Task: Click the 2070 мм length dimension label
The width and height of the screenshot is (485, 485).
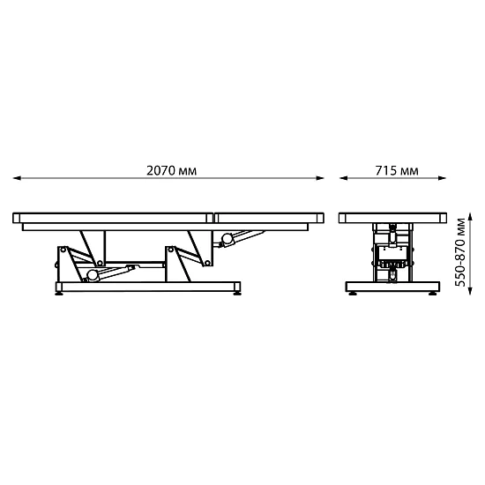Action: click(171, 170)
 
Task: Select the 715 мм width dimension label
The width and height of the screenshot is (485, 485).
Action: click(397, 170)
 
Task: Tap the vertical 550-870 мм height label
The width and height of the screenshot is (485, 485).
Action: click(460, 252)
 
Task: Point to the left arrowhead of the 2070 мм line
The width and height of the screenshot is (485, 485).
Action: click(17, 178)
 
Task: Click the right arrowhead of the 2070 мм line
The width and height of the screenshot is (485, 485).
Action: click(320, 178)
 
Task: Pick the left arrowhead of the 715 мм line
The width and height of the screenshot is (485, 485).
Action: click(343, 178)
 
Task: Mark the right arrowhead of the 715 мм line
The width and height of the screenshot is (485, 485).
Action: click(442, 178)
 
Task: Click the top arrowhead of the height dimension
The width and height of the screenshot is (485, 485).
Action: click(470, 217)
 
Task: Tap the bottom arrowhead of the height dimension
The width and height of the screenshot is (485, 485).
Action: click(470, 290)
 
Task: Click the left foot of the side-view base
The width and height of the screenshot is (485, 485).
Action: click(59, 294)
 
